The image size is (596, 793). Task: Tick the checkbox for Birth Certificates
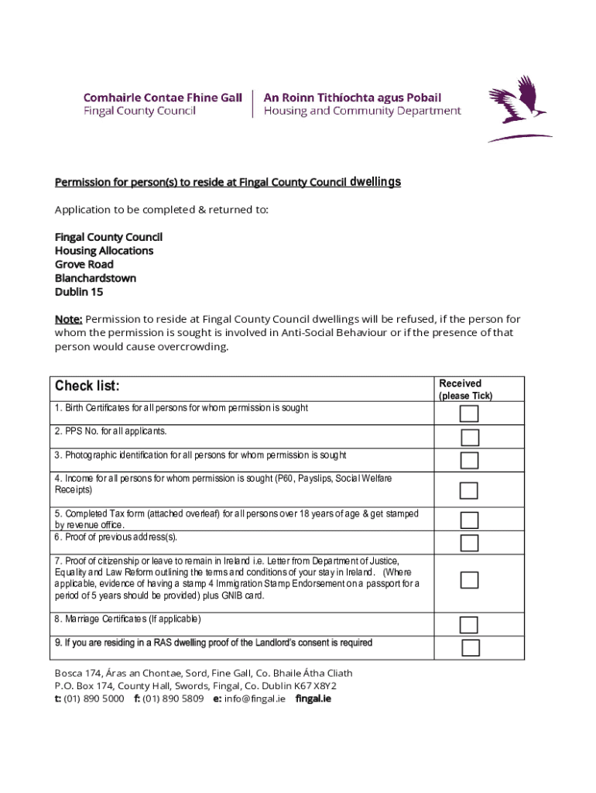pos(469,414)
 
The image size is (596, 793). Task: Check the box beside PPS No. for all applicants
pos(469,438)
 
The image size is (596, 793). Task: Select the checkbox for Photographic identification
pos(469,461)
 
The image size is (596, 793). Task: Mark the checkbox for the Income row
pos(469,490)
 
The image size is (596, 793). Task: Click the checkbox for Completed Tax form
pos(469,520)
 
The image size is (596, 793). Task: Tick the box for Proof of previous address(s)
pos(469,542)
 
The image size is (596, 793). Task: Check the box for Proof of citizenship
pos(469,580)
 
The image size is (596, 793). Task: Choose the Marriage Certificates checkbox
pos(469,625)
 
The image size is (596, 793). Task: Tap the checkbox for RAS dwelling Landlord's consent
pos(471,648)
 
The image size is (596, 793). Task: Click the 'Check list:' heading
pos(87,386)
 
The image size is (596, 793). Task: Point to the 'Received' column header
pos(460,383)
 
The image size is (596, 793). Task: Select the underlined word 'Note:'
pos(68,319)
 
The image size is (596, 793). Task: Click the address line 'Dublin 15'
pos(78,292)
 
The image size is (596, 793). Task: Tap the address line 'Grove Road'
pos(84,264)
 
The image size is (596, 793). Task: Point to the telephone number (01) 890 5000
pos(94,698)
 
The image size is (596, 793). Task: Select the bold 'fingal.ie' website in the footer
pos(313,698)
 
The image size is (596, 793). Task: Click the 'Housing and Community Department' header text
pos(362,111)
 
